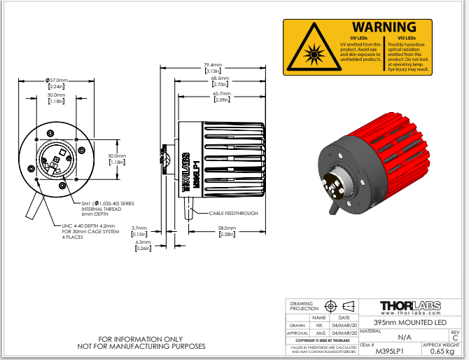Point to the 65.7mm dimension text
[x=223, y=93]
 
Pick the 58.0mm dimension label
[x=227, y=228]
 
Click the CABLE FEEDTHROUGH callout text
[x=233, y=213]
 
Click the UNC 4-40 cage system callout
[x=92, y=231]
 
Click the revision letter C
[x=455, y=337]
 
